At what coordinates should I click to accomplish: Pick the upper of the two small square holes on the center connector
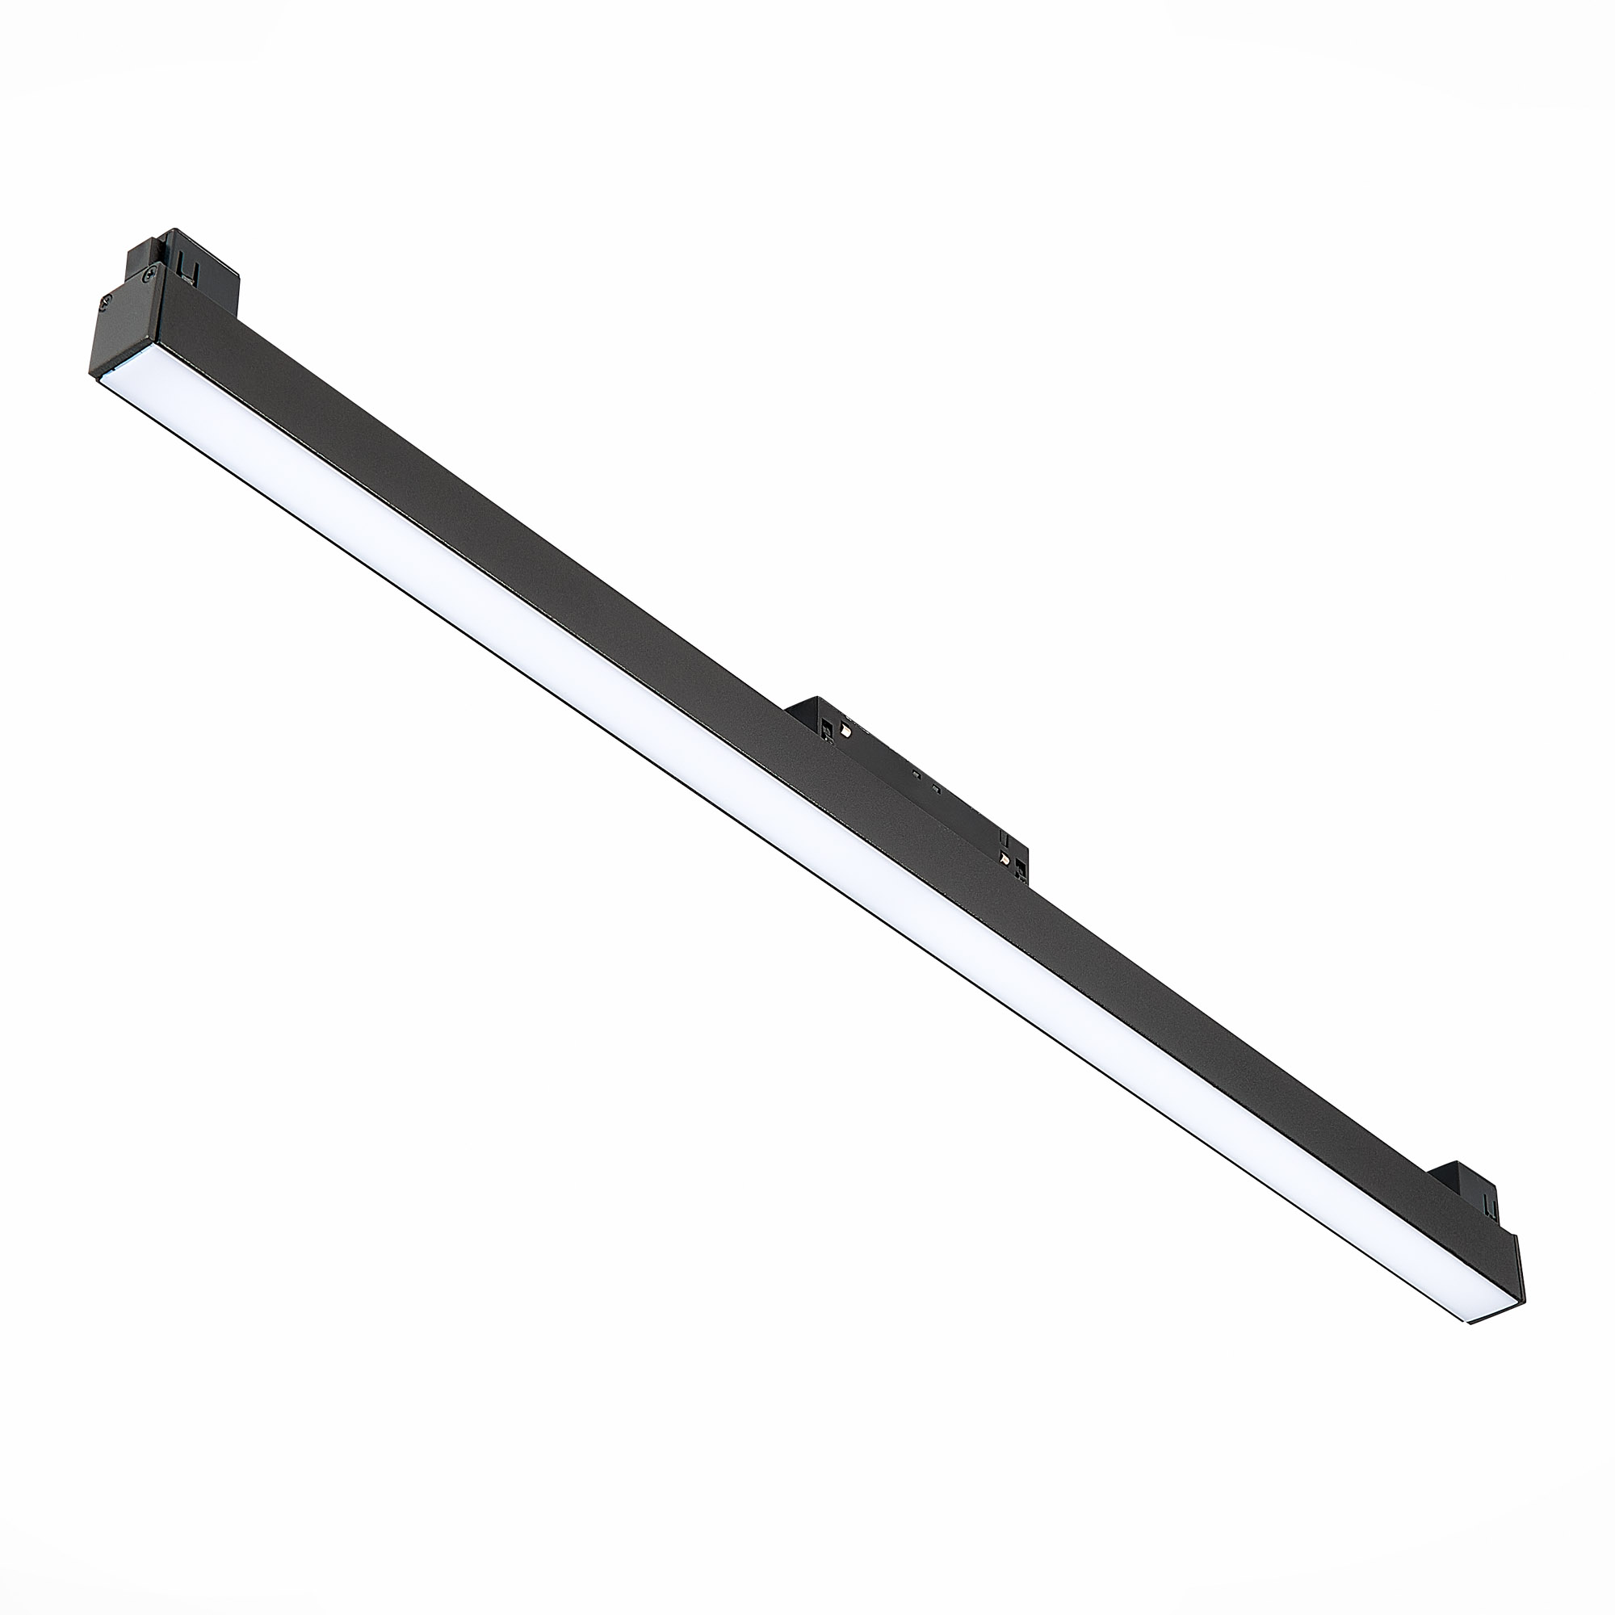[917, 774]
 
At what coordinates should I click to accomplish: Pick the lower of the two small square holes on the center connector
[937, 789]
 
